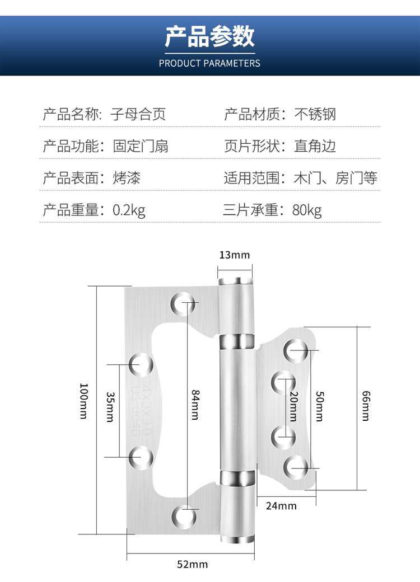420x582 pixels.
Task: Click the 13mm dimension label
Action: pyautogui.click(x=234, y=255)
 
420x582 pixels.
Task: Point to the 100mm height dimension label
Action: pyautogui.click(x=84, y=401)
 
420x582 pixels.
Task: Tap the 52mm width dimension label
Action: pyautogui.click(x=192, y=564)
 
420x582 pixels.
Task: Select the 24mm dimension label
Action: pyautogui.click(x=281, y=506)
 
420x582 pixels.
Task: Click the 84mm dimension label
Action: pyautogui.click(x=195, y=404)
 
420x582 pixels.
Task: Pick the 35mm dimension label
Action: pyautogui.click(x=110, y=407)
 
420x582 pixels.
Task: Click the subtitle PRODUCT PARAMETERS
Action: pyautogui.click(x=209, y=63)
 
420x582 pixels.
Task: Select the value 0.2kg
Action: pyautogui.click(x=129, y=210)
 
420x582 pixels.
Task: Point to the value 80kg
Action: pyautogui.click(x=307, y=210)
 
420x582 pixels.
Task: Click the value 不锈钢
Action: pyautogui.click(x=315, y=115)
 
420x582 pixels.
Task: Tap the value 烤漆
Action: pyautogui.click(x=127, y=179)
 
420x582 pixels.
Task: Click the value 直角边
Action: pyautogui.click(x=315, y=147)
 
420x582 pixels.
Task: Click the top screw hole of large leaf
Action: pyautogui.click(x=184, y=303)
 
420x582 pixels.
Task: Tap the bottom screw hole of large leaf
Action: pyautogui.click(x=184, y=517)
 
